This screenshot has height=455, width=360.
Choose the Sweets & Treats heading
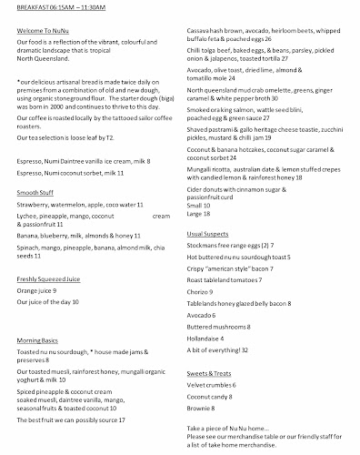pos(215,373)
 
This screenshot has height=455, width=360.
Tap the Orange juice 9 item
pos(35,290)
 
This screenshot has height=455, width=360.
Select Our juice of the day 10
pos(47,301)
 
